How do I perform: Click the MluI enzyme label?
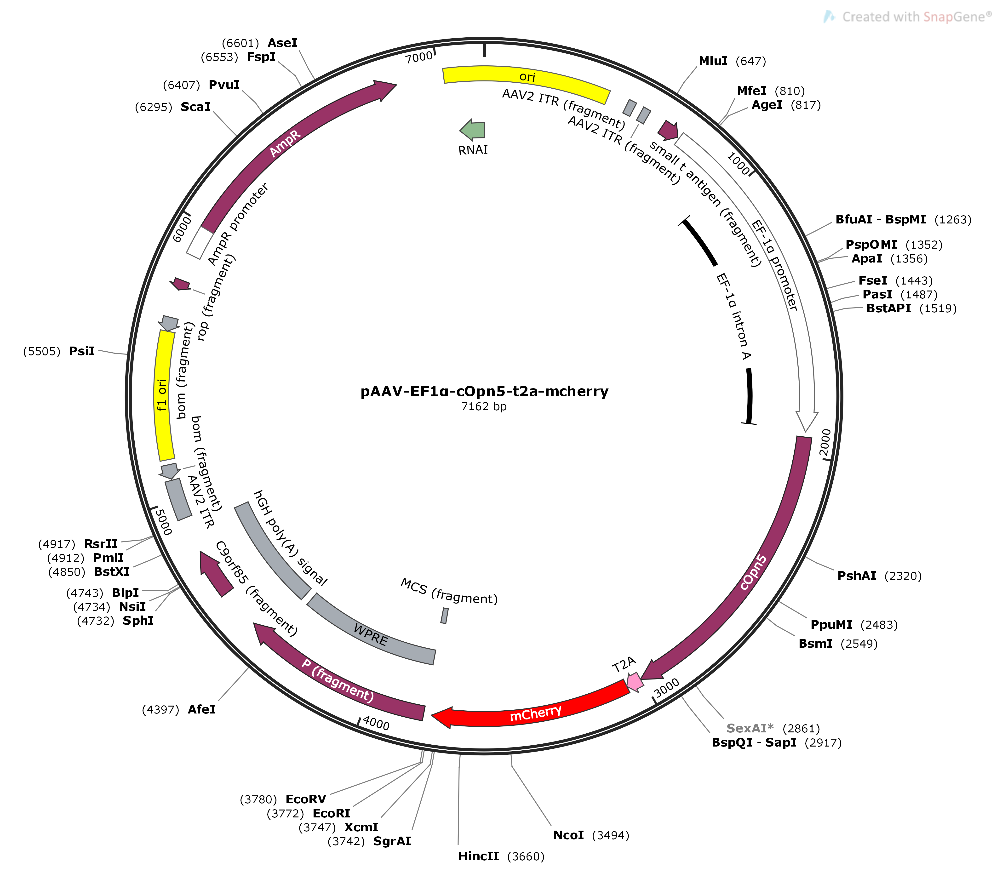coord(713,61)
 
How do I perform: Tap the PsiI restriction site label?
coord(82,351)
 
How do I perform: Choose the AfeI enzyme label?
coord(202,709)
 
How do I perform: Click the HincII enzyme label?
coord(478,856)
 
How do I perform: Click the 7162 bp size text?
coord(484,406)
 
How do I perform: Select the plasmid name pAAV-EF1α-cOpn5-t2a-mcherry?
coord(484,391)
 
